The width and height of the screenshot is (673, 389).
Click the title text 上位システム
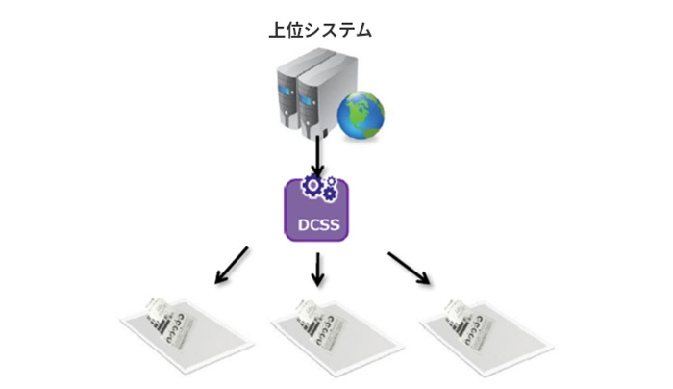(320, 30)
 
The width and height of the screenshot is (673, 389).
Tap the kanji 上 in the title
(277, 30)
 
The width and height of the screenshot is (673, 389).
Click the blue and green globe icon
(361, 116)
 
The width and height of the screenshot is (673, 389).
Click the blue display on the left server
(285, 91)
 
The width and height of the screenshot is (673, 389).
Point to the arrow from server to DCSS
(317, 156)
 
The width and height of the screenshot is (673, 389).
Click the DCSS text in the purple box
(318, 224)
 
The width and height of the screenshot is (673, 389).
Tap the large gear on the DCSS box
(312, 185)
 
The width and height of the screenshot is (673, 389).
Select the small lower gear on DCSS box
(329, 194)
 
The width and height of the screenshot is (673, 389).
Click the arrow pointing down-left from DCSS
(232, 265)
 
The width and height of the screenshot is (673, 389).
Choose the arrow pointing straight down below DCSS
(317, 270)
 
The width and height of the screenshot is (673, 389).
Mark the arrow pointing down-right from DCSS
(409, 269)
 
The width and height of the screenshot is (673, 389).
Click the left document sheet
(187, 335)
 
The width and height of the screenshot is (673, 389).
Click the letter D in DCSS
(304, 224)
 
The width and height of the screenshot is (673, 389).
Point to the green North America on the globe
(360, 110)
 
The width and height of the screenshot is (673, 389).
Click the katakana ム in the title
(362, 31)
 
